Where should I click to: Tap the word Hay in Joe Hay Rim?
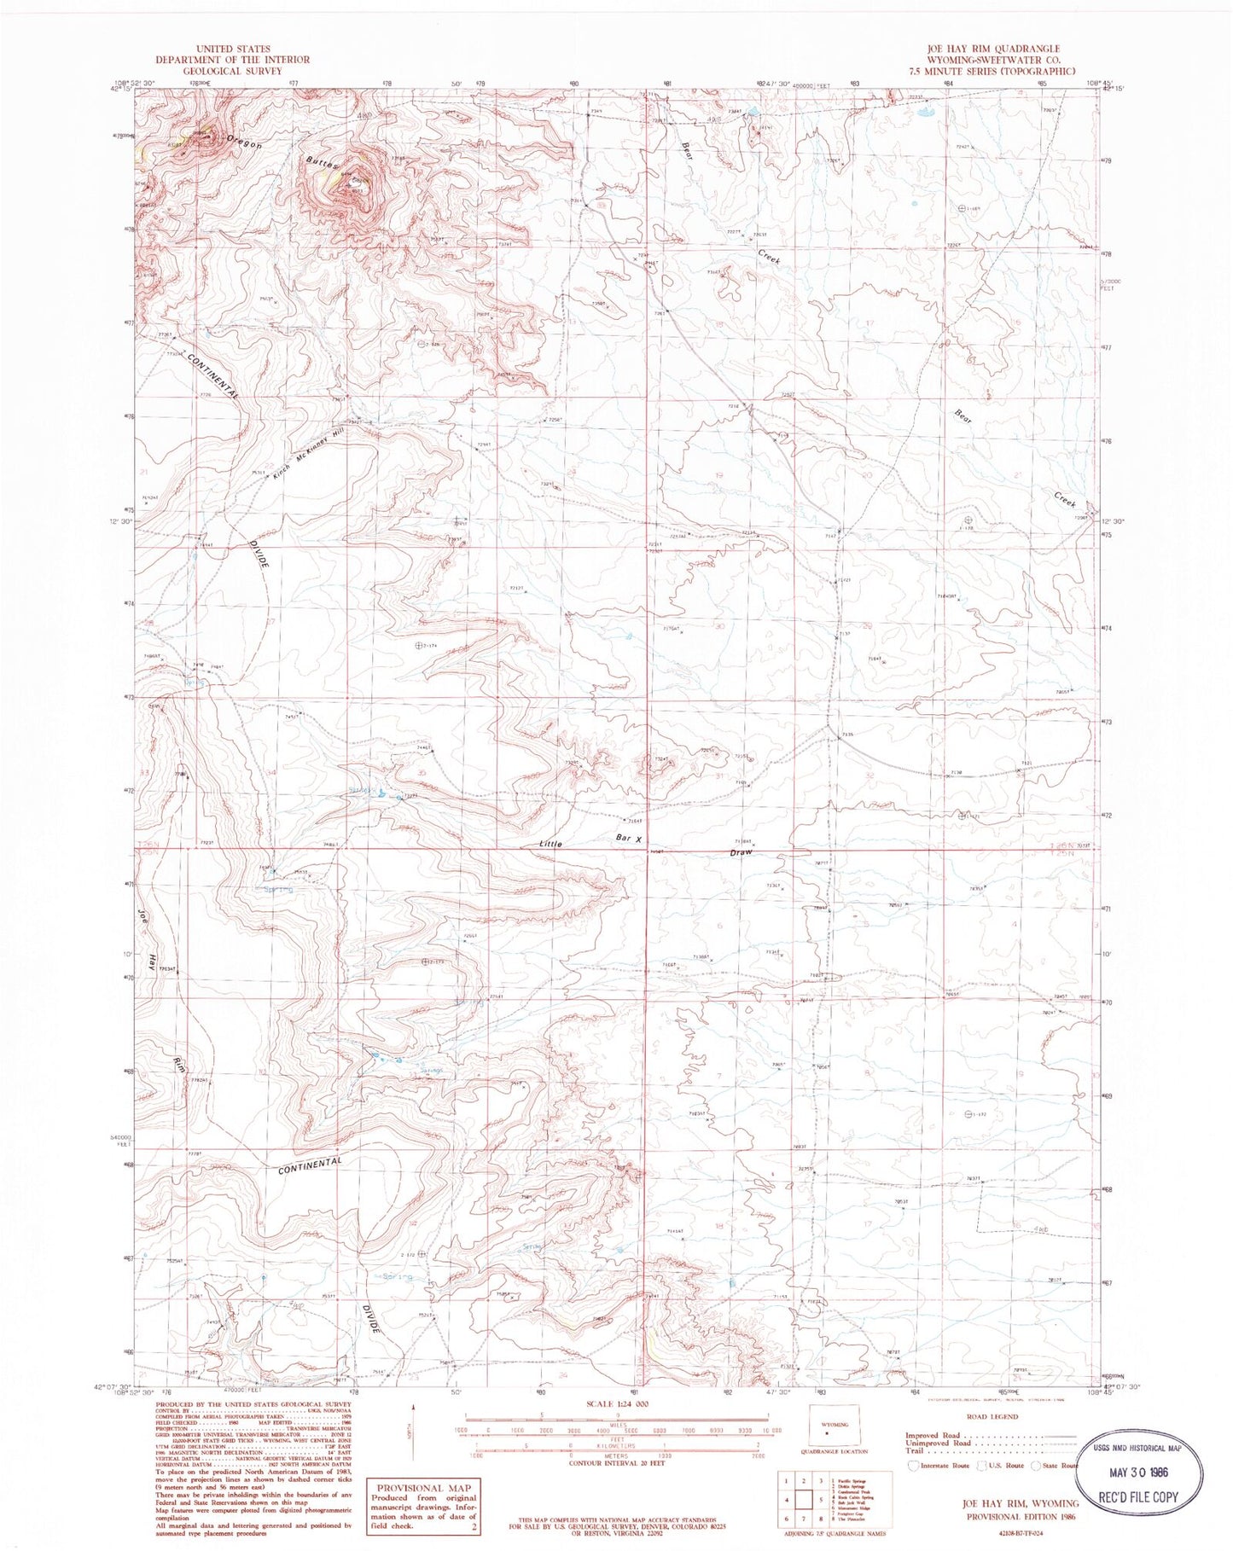pyautogui.click(x=152, y=962)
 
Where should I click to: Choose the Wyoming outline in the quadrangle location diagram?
pyautogui.click(x=829, y=1431)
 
